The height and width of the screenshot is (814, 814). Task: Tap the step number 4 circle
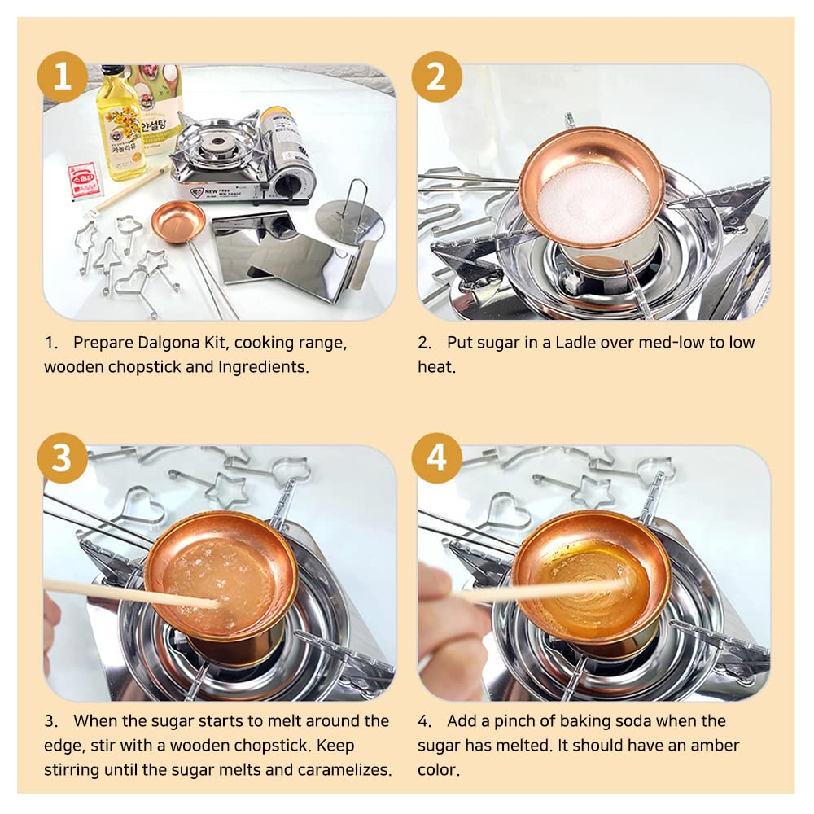pos(437,458)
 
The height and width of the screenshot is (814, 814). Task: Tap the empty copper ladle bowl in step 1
pos(177,221)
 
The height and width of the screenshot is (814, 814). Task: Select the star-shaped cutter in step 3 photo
pos(226,488)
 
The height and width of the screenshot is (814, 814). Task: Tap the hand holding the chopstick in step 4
pos(440,619)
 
